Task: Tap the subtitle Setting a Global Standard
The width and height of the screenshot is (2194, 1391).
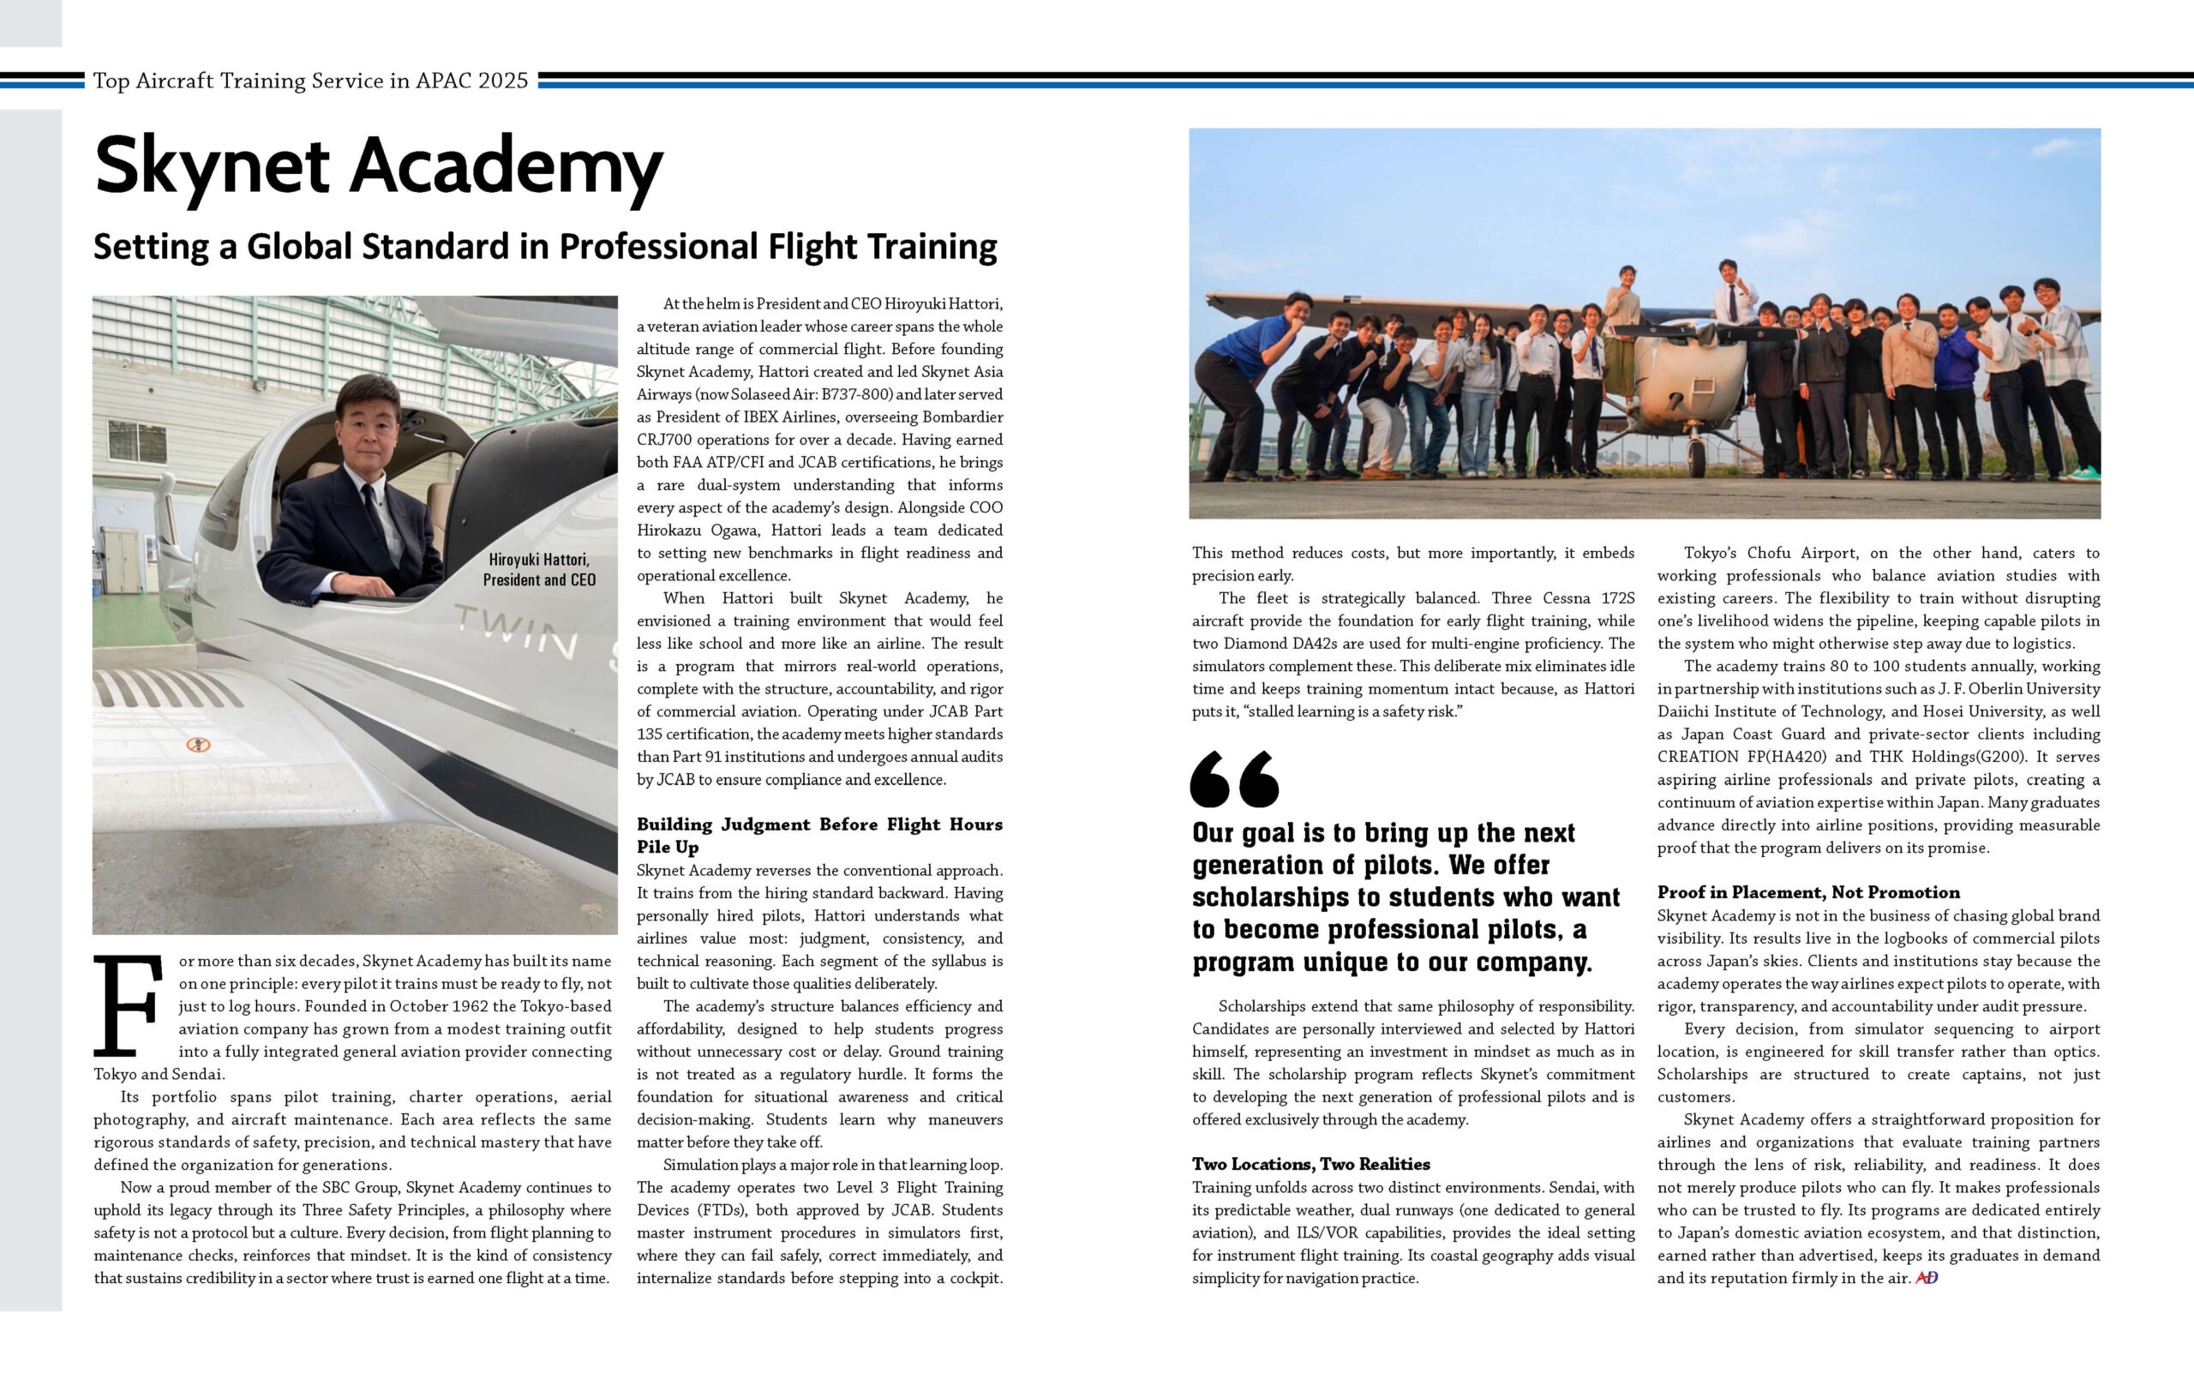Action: point(545,247)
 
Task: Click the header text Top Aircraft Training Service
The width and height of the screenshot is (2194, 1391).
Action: point(309,81)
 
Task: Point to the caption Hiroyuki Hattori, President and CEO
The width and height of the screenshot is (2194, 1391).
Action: point(538,569)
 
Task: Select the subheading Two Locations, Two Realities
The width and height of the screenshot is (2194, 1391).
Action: point(1310,1163)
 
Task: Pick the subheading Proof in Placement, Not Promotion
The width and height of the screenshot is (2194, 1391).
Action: point(1807,892)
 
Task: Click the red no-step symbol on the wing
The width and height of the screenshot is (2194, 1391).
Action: point(198,744)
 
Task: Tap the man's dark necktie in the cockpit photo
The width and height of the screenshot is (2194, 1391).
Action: point(375,515)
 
